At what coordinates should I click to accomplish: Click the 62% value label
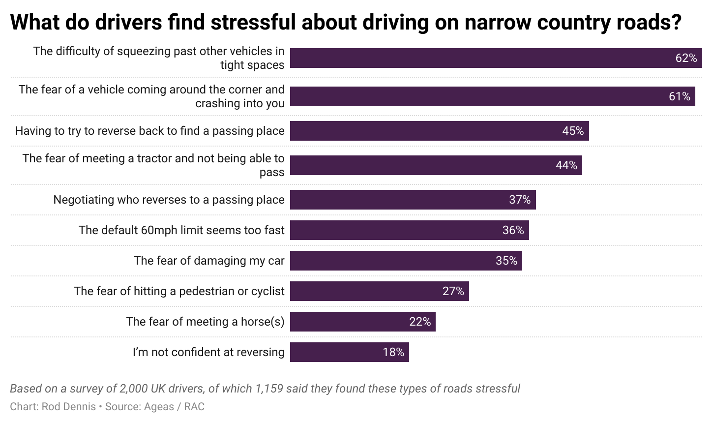686,58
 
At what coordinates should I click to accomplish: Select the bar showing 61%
492,96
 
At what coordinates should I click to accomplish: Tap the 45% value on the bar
573,131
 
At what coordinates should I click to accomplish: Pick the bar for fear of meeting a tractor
436,165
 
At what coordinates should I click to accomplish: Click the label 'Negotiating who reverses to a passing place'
169,200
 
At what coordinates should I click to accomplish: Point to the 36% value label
513,230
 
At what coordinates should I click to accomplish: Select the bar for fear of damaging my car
406,261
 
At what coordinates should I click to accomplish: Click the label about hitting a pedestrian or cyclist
179,291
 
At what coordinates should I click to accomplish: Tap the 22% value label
420,322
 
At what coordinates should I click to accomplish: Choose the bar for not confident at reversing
349,352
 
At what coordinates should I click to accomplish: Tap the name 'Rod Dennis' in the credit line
69,407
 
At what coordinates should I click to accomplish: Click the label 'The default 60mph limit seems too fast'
181,230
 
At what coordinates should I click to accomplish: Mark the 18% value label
393,352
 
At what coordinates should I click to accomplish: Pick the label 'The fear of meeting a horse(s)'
205,322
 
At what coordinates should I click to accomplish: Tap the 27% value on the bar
453,291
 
